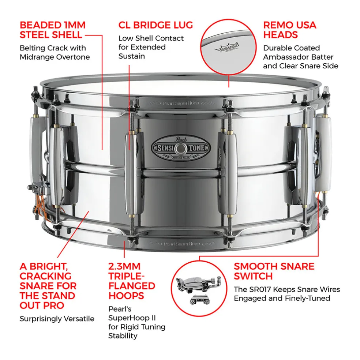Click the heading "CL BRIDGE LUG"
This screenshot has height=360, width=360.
pyautogui.click(x=155, y=25)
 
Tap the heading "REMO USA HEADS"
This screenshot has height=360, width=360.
pyautogui.click(x=289, y=30)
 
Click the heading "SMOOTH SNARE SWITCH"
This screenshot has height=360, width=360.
pyautogui.click(x=274, y=271)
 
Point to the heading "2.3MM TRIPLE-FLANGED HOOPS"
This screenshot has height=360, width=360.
pyautogui.click(x=132, y=281)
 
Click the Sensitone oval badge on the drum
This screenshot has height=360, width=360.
pyautogui.click(x=181, y=148)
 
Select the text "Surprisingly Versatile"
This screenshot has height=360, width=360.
pyautogui.click(x=57, y=319)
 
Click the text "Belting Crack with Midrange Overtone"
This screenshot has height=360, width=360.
pyautogui.click(x=54, y=52)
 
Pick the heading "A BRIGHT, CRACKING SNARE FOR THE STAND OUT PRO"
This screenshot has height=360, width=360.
pyautogui.click(x=48, y=285)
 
